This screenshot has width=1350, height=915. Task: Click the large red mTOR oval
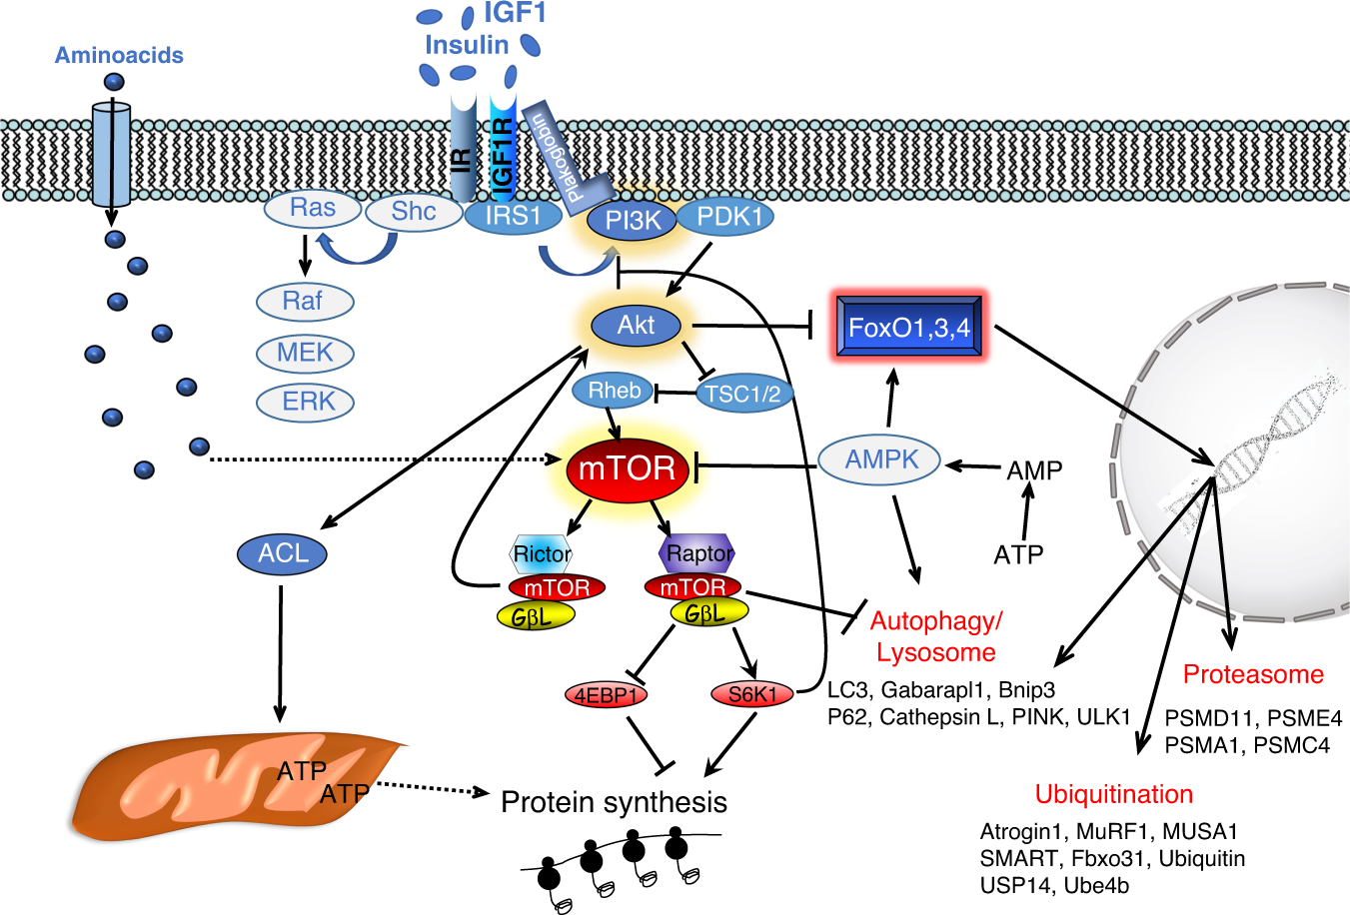tap(628, 469)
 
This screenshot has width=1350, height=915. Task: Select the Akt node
tap(637, 326)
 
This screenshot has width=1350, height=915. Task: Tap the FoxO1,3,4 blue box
tap(908, 327)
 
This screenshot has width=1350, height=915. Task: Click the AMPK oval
tap(879, 460)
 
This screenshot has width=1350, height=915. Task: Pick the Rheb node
tap(614, 391)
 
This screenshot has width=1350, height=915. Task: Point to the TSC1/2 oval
tap(743, 394)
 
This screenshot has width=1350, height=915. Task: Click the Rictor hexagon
tap(542, 553)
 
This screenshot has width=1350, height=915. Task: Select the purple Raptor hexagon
tap(697, 553)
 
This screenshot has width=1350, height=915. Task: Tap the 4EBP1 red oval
tap(606, 695)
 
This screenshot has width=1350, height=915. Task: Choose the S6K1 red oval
tap(752, 694)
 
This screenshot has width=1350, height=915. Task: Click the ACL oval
tap(282, 553)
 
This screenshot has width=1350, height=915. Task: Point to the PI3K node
tap(633, 221)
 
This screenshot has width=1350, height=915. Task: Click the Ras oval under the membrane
tap(313, 209)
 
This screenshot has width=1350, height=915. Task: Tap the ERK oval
tap(305, 402)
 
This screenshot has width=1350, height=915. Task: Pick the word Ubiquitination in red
tap(1114, 794)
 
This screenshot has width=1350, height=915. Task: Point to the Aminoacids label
tap(119, 55)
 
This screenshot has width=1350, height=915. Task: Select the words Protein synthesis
tap(615, 802)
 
